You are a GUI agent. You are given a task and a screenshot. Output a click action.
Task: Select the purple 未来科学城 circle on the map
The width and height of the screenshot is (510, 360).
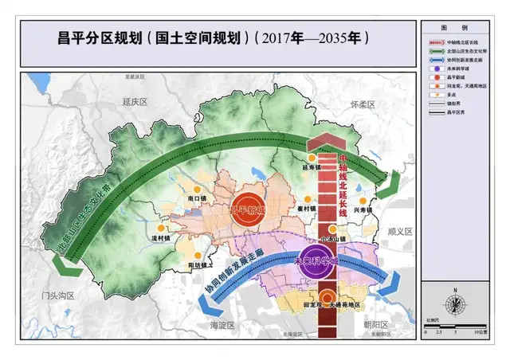point(318,259)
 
